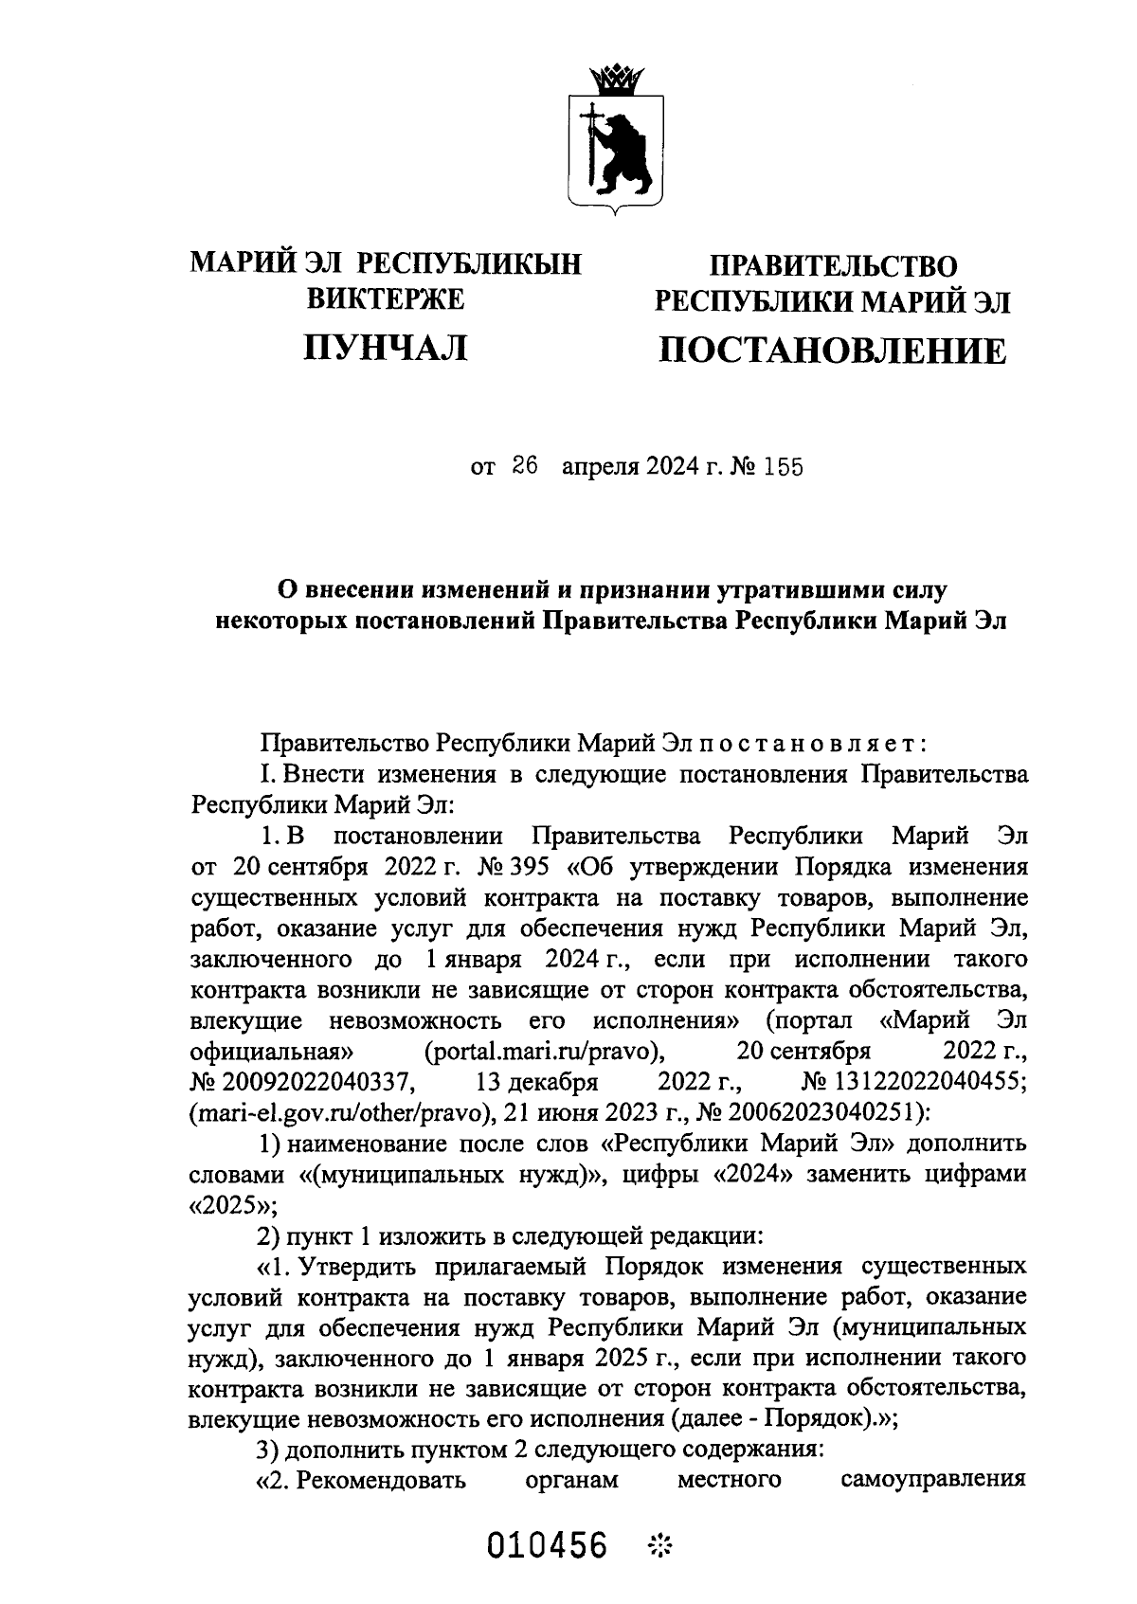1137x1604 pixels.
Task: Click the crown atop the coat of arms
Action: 615,78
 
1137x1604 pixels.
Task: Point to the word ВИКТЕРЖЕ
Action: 386,298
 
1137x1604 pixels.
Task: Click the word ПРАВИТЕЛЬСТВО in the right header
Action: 834,265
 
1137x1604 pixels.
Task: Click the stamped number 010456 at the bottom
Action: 547,1546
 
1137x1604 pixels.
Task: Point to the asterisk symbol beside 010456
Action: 660,1547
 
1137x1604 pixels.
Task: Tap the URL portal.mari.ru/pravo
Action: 543,1051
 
